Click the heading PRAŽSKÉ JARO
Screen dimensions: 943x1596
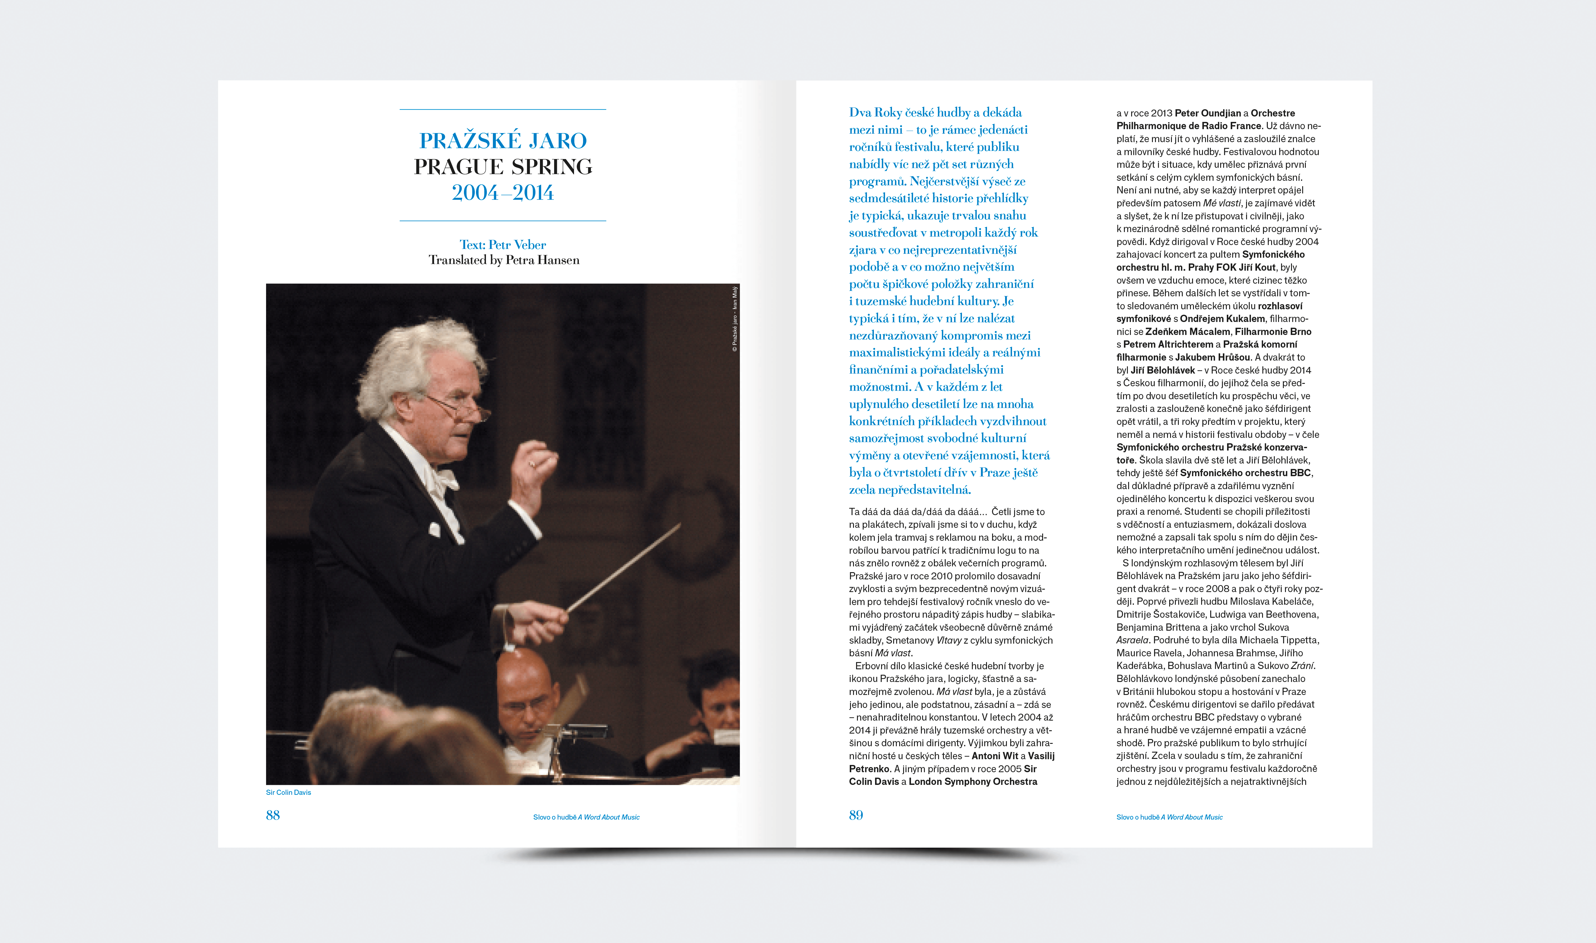point(503,140)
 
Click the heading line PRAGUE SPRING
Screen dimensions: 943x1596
point(503,167)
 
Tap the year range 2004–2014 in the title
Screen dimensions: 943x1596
point(503,193)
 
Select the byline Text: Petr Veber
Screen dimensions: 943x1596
point(503,245)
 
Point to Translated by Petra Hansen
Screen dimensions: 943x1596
point(504,260)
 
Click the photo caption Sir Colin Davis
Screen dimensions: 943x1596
point(288,792)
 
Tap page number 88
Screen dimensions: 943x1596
point(272,815)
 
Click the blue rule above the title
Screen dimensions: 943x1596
point(503,109)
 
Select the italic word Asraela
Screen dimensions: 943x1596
point(1132,640)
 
